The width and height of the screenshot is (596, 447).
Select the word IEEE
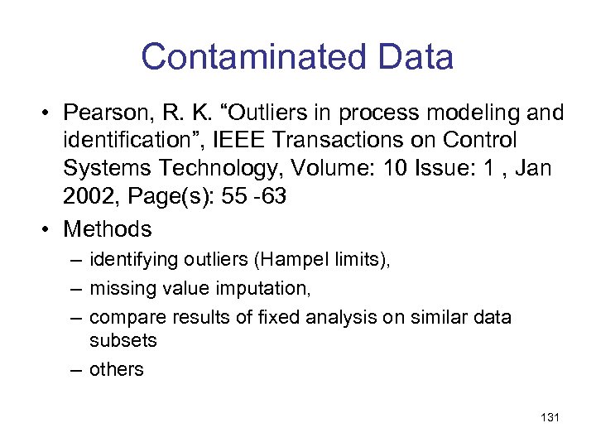click(275, 142)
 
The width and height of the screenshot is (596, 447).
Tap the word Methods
click(108, 228)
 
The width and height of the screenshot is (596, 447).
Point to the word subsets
click(123, 340)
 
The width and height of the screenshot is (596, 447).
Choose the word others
click(117, 369)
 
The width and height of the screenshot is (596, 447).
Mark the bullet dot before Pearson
click(50, 113)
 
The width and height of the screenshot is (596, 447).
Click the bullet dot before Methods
click(50, 229)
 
